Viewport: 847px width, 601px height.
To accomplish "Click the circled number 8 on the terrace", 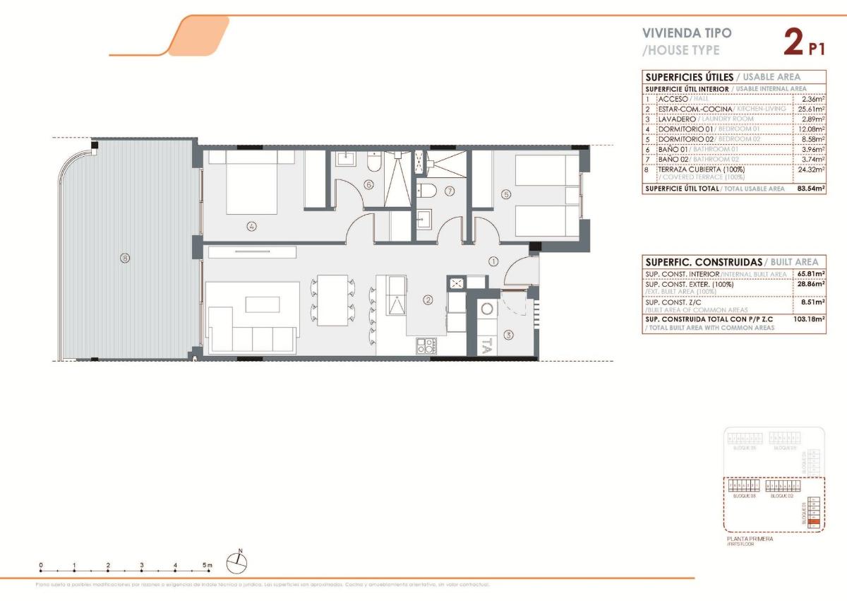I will point(124,258).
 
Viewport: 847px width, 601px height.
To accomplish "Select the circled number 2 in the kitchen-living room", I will point(428,299).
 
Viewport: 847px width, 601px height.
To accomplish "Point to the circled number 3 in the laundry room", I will point(508,335).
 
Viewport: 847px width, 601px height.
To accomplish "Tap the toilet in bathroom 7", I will point(426,190).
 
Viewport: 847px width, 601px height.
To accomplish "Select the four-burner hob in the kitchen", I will point(426,345).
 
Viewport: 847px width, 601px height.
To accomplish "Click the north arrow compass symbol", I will point(237,562).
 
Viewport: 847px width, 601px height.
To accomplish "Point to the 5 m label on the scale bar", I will point(207,565).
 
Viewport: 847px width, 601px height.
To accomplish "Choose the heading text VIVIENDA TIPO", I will point(677,32).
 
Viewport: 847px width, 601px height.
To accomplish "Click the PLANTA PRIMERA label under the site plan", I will point(750,539).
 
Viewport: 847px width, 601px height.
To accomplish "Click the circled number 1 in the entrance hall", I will point(493,261).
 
